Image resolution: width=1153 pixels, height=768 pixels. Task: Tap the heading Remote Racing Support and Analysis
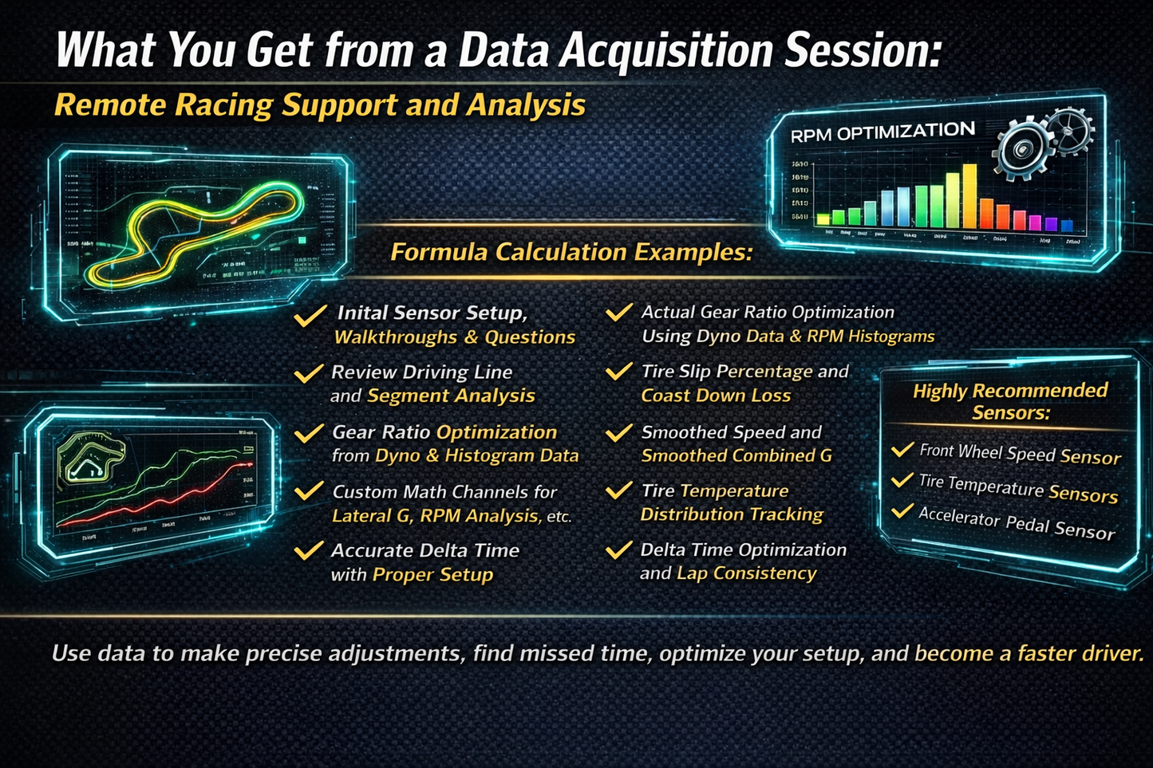(x=320, y=105)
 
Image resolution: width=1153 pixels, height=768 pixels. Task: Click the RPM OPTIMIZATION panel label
(x=883, y=132)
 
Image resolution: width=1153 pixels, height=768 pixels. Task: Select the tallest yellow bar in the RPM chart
(x=969, y=195)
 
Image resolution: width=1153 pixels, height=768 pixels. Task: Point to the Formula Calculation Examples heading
(x=571, y=252)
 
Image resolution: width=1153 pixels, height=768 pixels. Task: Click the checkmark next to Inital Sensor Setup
(x=309, y=316)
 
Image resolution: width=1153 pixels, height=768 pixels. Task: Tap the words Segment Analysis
(x=451, y=396)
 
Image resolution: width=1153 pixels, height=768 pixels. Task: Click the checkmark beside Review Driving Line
(x=308, y=373)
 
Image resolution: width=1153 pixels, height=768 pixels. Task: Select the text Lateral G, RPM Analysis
(x=435, y=516)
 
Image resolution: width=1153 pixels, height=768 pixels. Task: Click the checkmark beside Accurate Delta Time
(x=308, y=551)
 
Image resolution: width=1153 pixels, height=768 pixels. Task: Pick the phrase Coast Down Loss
(x=716, y=396)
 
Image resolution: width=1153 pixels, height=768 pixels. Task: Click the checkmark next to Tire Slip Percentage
(x=618, y=372)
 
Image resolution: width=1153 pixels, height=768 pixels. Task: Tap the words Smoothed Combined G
(x=736, y=455)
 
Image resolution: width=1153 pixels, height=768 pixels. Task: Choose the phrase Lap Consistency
(x=746, y=573)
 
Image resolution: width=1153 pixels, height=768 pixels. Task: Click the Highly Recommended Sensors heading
(x=1010, y=401)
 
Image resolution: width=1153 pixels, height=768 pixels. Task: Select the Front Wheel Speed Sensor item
(x=1020, y=454)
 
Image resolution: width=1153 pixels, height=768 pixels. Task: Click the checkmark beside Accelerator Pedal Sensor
(x=902, y=510)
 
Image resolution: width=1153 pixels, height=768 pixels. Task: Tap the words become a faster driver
(x=1029, y=654)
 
